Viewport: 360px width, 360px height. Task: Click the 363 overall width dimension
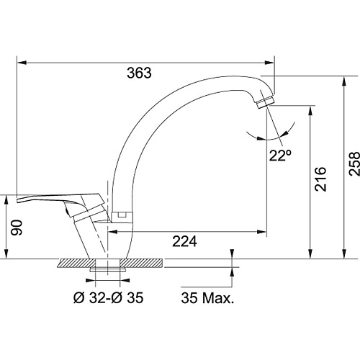point(139,73)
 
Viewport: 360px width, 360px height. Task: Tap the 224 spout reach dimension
point(184,241)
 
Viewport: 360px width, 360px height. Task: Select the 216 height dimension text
point(320,179)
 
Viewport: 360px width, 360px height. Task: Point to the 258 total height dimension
point(354,163)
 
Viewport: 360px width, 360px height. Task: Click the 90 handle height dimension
point(17,228)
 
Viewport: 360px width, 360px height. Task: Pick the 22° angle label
point(280,156)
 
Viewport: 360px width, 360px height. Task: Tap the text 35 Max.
point(207,298)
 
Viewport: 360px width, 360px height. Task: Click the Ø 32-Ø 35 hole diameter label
point(108,298)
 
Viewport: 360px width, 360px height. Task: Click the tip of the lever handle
point(17,200)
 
